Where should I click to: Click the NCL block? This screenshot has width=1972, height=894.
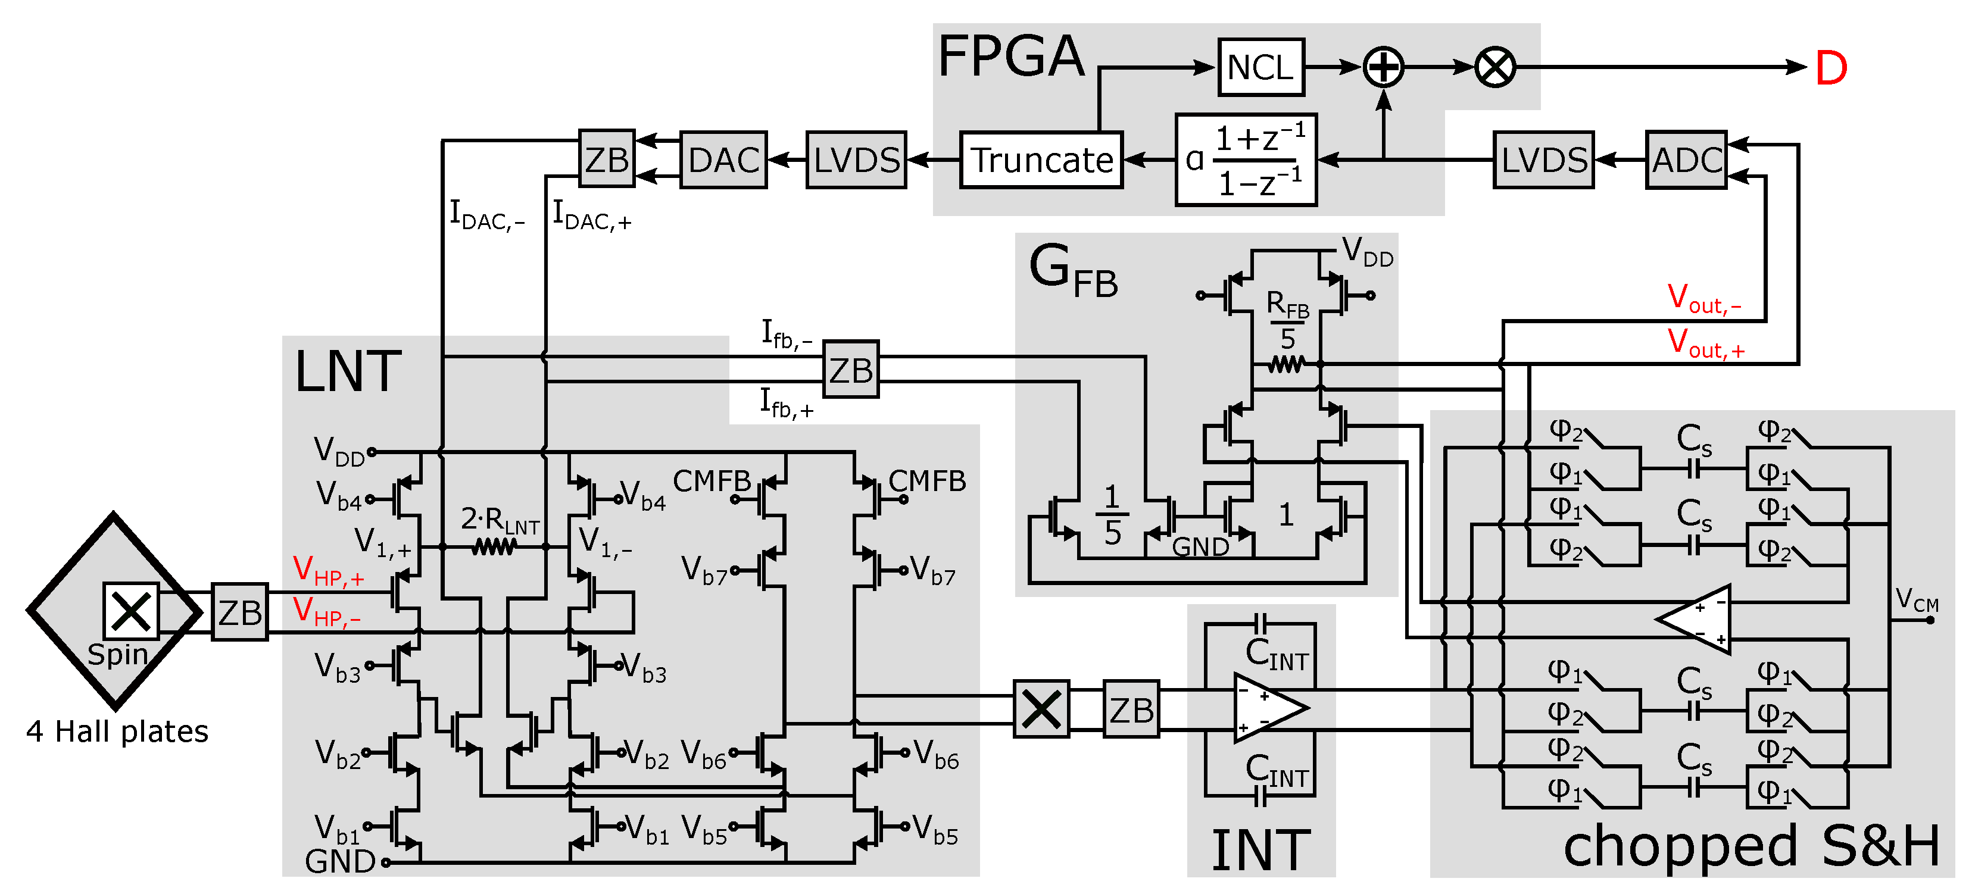(x=1260, y=67)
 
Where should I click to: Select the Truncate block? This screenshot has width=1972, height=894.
(x=1041, y=160)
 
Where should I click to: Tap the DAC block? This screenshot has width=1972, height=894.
(x=723, y=160)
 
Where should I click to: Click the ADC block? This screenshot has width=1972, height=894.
(x=1686, y=160)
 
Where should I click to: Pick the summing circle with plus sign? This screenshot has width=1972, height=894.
(x=1383, y=67)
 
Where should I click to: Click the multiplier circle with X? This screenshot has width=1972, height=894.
(x=1494, y=67)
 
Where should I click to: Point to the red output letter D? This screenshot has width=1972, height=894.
(x=1830, y=69)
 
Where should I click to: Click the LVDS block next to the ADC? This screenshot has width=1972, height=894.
(x=1543, y=160)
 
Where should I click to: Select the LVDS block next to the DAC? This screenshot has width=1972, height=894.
(x=856, y=160)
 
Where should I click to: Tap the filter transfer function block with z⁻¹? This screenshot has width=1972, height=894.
(x=1246, y=160)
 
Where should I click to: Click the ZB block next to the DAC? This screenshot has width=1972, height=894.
(x=606, y=158)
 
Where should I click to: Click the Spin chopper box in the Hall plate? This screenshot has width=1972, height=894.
(x=131, y=611)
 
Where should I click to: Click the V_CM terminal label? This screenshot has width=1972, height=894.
(x=1916, y=601)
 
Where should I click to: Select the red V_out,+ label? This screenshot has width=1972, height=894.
(x=1706, y=342)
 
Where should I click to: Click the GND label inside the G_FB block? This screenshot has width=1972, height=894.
(x=1200, y=546)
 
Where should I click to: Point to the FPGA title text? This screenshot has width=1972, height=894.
(x=1010, y=57)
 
